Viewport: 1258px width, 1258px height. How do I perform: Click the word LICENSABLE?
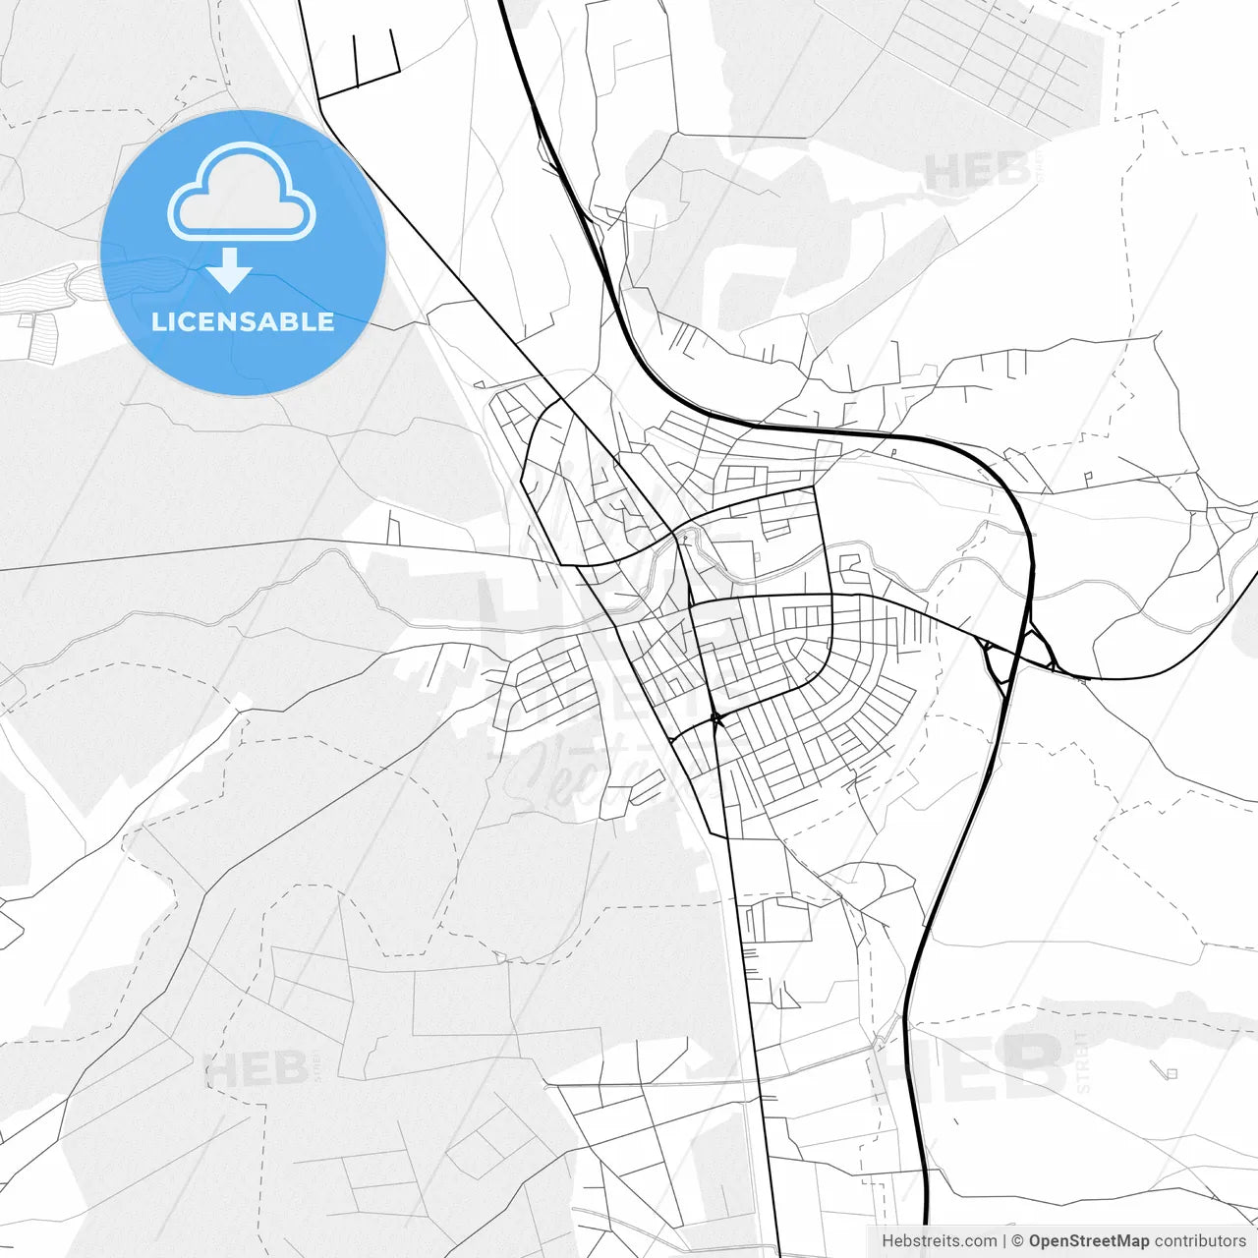tap(243, 321)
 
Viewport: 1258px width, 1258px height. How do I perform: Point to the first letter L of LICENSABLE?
tap(157, 321)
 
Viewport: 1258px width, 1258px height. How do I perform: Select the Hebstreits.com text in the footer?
tap(939, 1241)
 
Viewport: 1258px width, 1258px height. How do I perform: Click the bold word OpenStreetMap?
tap(1089, 1241)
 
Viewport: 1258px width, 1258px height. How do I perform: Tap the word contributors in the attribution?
tap(1200, 1241)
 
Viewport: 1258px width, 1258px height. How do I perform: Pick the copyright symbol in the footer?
tap(1017, 1241)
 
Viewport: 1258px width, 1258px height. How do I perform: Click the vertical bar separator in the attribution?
tap(1003, 1241)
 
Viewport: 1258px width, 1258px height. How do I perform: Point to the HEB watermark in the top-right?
tap(977, 173)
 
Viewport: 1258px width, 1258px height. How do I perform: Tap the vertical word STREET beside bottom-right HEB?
tap(1083, 1062)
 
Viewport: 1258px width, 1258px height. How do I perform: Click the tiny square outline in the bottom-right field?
tap(1170, 1072)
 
